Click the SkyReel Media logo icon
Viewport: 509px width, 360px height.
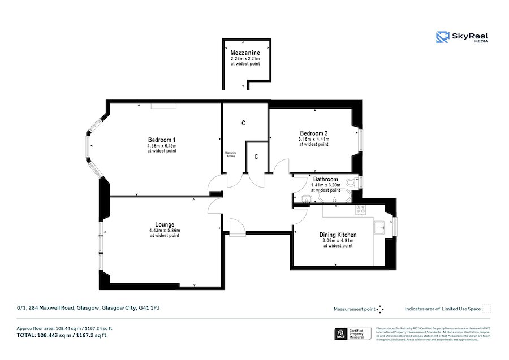442,37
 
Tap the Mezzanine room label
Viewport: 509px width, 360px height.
245,53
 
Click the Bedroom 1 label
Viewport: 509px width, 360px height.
162,140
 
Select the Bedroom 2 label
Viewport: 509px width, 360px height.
314,133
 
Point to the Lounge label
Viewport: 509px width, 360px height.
165,224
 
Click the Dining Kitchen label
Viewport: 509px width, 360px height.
338,235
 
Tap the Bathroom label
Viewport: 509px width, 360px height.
326,180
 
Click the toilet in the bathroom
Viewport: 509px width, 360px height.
352,183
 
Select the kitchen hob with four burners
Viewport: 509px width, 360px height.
360,210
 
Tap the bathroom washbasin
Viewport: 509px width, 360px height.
305,198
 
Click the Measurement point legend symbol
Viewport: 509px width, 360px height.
380,309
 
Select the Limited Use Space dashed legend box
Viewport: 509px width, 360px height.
486,309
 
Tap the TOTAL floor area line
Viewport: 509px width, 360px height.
62,335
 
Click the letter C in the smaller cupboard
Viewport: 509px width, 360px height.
256,157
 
